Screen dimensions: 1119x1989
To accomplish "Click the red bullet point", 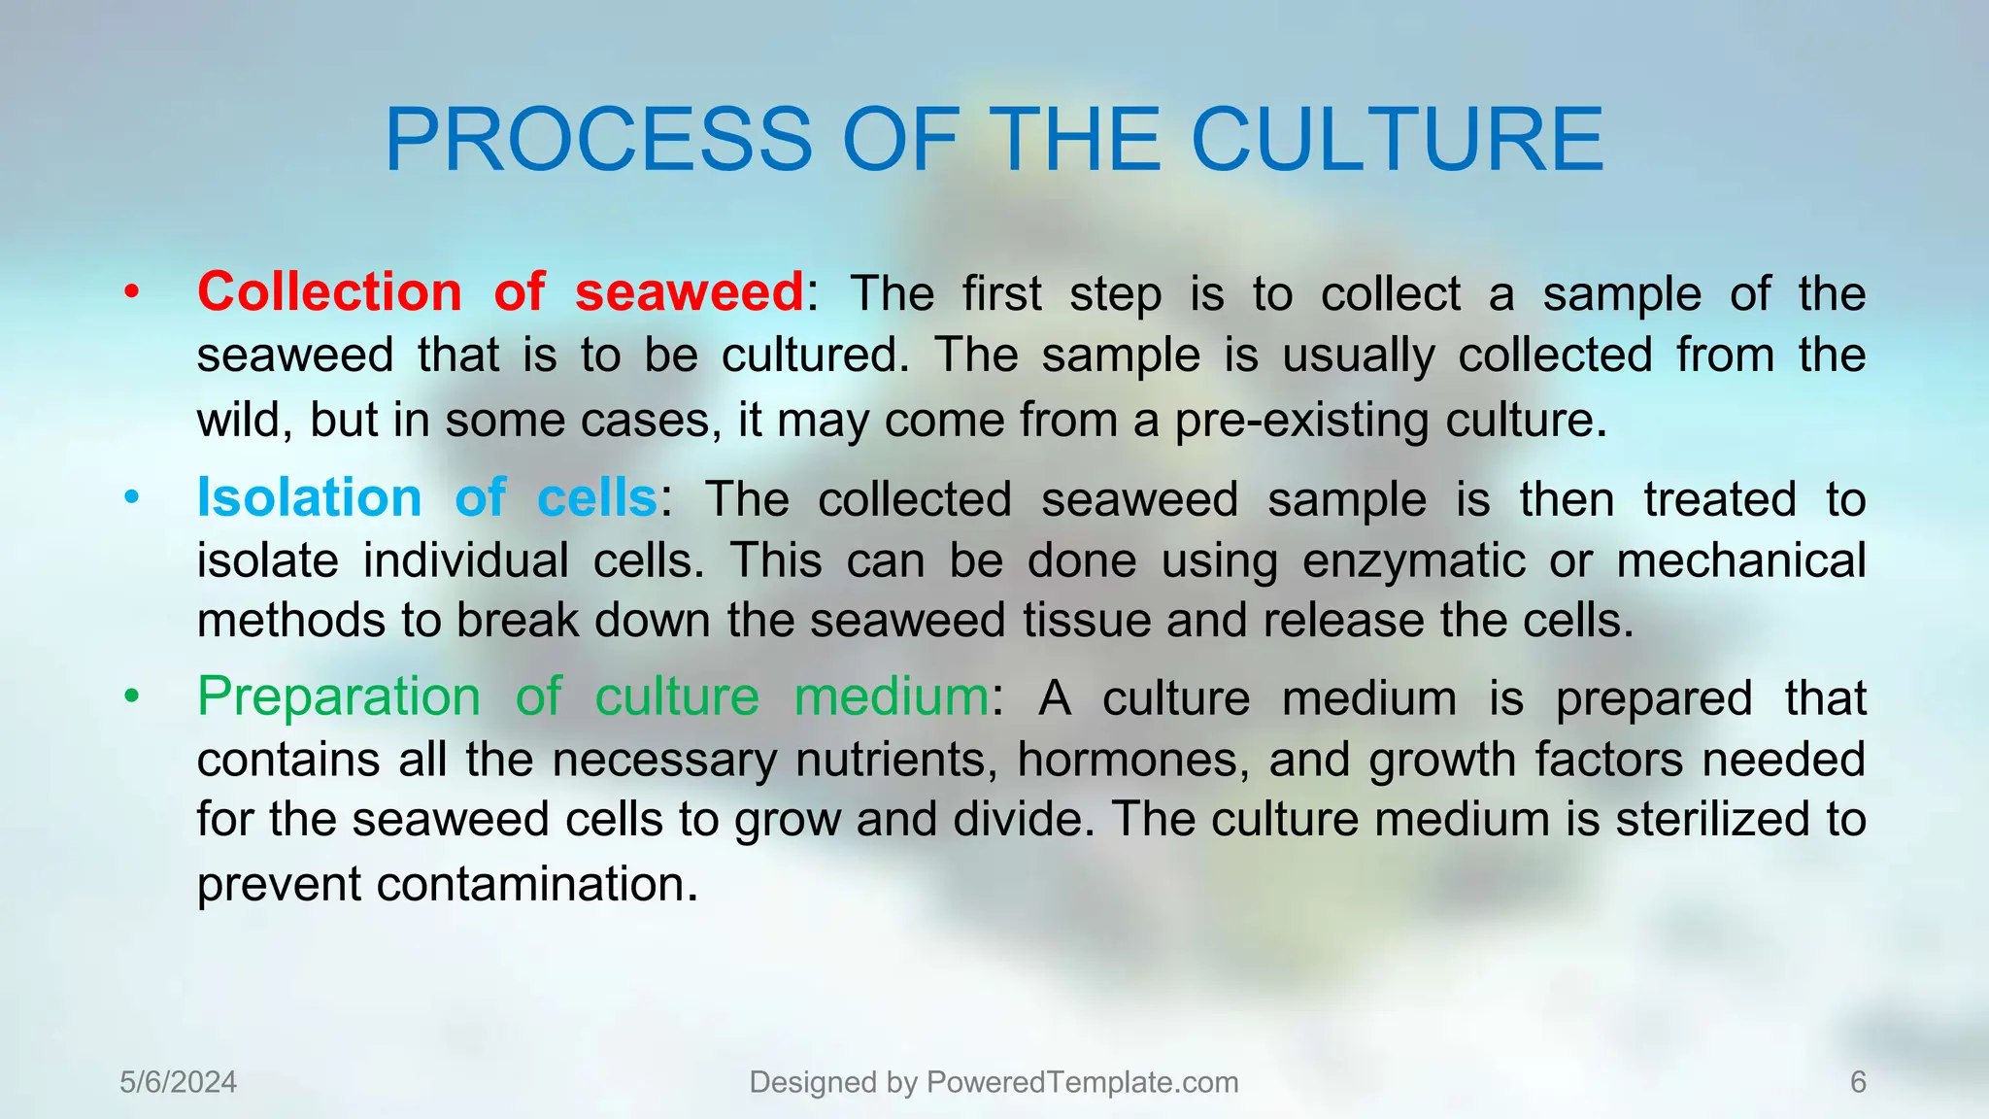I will pos(132,291).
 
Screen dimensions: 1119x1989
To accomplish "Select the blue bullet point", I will pos(132,497).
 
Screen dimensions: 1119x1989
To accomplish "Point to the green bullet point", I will pos(132,696).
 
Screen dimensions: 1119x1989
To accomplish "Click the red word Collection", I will pos(329,291).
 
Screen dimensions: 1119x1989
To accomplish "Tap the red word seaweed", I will pos(689,291).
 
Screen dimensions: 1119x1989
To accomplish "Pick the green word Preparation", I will pos(338,696).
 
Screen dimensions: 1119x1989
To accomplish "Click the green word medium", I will pos(891,696).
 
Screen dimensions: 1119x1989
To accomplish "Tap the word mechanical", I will pos(1740,560).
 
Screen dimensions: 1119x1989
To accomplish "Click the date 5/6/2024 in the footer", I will pos(178,1082).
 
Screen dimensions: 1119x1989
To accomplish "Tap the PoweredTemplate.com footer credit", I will pos(994,1082).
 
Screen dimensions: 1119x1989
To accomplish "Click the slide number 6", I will pos(1858,1082).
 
